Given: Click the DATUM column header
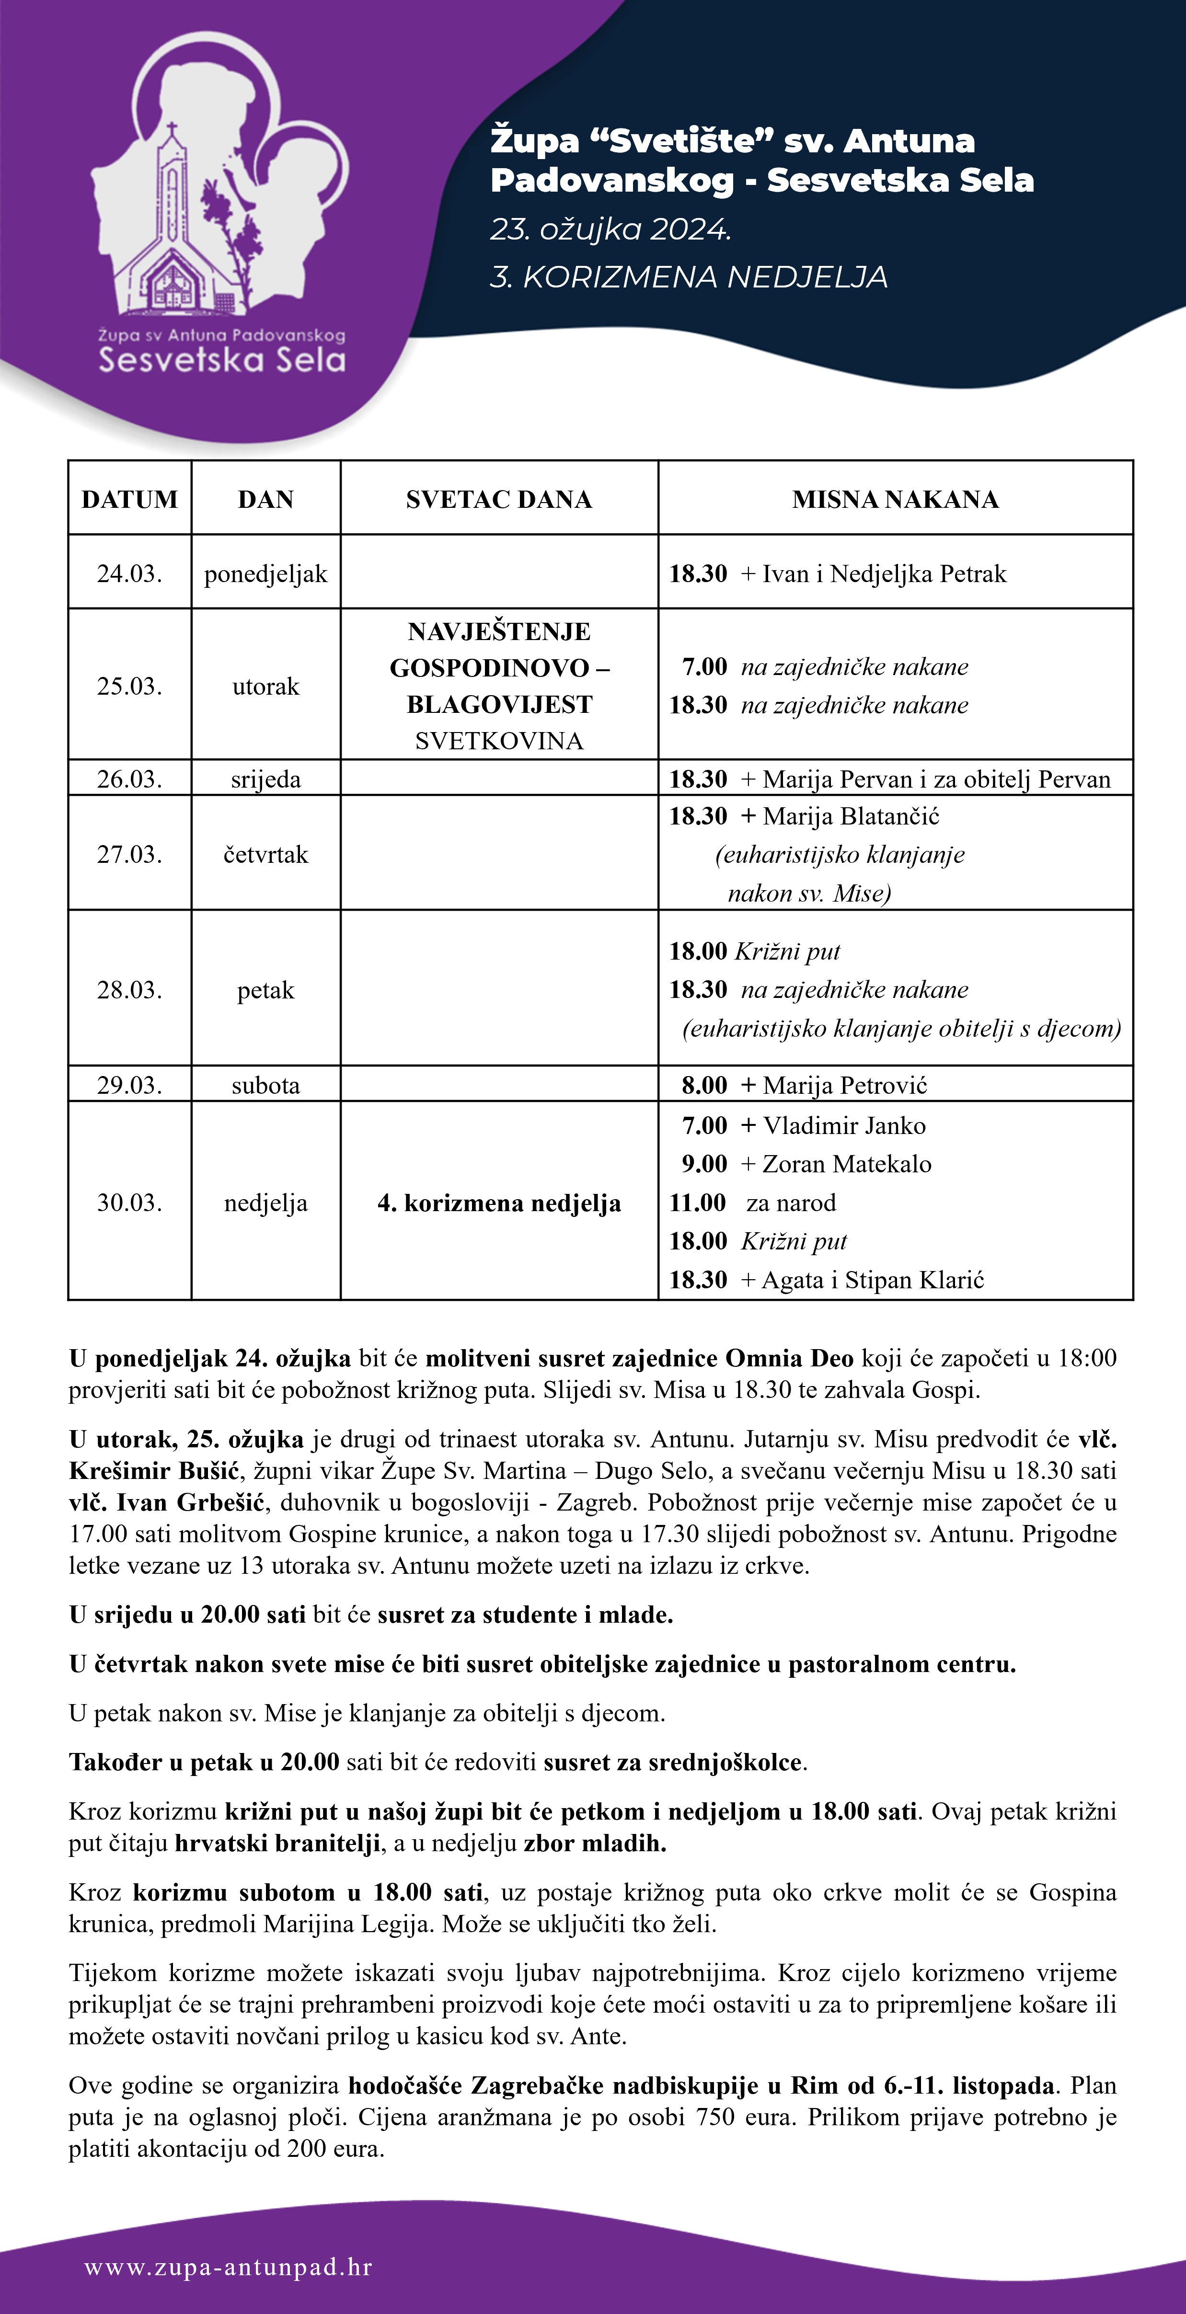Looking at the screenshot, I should tap(129, 499).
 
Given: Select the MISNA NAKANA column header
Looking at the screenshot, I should tap(895, 499).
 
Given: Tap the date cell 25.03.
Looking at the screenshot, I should tap(129, 686).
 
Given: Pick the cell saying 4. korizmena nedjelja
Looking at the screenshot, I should tap(499, 1203).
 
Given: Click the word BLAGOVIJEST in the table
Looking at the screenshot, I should tap(499, 704).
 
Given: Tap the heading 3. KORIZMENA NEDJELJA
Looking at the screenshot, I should tap(688, 277).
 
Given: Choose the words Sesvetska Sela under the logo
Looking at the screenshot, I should tap(222, 360).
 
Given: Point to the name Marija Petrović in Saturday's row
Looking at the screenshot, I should tap(844, 1085).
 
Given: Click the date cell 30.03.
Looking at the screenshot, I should tap(129, 1203).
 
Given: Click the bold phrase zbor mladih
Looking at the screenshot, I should tap(595, 1844).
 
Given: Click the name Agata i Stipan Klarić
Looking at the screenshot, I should tap(873, 1280).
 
